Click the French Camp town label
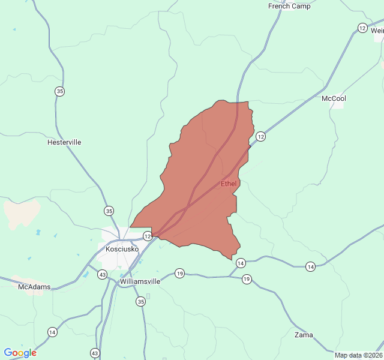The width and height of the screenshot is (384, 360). (289, 7)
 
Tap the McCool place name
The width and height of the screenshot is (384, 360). (334, 98)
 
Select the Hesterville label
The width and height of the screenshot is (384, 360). (64, 143)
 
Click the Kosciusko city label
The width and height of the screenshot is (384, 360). (122, 249)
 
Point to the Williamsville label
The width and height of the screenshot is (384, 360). (140, 281)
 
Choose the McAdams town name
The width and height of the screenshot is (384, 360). (34, 287)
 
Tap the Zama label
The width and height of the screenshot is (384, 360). (304, 335)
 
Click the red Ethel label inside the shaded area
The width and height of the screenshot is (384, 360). (229, 184)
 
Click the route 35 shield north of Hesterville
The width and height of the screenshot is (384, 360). (59, 91)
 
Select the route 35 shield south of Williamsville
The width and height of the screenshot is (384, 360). (140, 301)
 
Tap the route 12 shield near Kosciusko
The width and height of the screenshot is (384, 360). (148, 237)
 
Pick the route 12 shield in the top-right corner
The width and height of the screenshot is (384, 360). (362, 28)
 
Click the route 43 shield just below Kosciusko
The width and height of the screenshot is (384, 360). (103, 275)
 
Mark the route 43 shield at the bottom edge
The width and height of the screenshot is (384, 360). (95, 353)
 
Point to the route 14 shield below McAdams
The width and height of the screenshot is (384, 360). (53, 332)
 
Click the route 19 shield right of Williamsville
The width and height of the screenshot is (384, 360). (179, 274)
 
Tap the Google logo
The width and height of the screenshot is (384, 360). (20, 353)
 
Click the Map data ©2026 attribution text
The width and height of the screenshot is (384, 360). (358, 355)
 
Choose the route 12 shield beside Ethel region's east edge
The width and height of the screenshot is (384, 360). (260, 137)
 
